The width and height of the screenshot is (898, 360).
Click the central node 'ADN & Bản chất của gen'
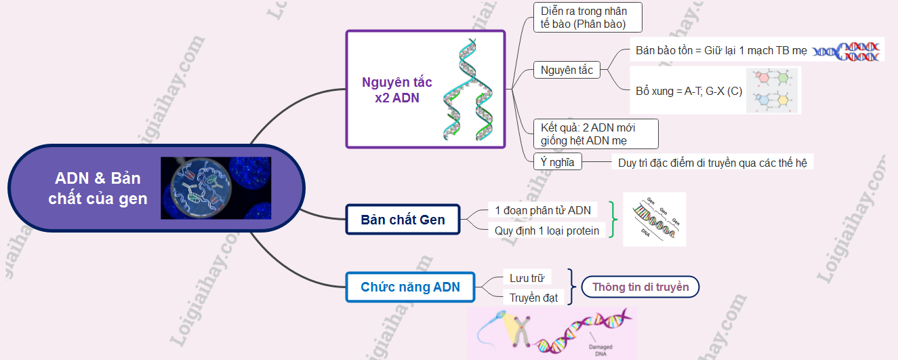pyautogui.click(x=98, y=188)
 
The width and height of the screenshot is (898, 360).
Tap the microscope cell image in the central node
pyautogui.click(x=216, y=188)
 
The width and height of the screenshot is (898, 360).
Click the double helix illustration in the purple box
pyautogui.click(x=468, y=89)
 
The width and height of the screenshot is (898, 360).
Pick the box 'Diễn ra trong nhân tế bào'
pyautogui.click(x=587, y=18)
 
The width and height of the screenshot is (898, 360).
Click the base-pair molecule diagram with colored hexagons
pyautogui.click(x=773, y=90)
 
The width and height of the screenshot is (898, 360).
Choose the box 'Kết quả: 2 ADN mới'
pyautogui.click(x=596, y=134)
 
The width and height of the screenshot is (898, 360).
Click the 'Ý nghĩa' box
pyautogui.click(x=558, y=161)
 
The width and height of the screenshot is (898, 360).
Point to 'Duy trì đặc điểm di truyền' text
pyautogui.click(x=712, y=163)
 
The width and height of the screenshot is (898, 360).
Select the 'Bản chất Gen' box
pyautogui.click(x=403, y=220)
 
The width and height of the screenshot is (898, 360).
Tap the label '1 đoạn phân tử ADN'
pyautogui.click(x=542, y=210)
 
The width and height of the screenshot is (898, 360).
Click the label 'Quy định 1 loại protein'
pyautogui.click(x=547, y=231)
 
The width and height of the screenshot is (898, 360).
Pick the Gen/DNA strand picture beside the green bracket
pyautogui.click(x=654, y=219)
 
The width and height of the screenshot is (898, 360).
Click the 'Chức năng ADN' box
pyautogui.click(x=410, y=287)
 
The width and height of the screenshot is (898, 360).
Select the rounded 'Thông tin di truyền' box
pyautogui.click(x=640, y=287)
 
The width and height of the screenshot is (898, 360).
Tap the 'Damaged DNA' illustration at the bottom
pyautogui.click(x=552, y=333)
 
